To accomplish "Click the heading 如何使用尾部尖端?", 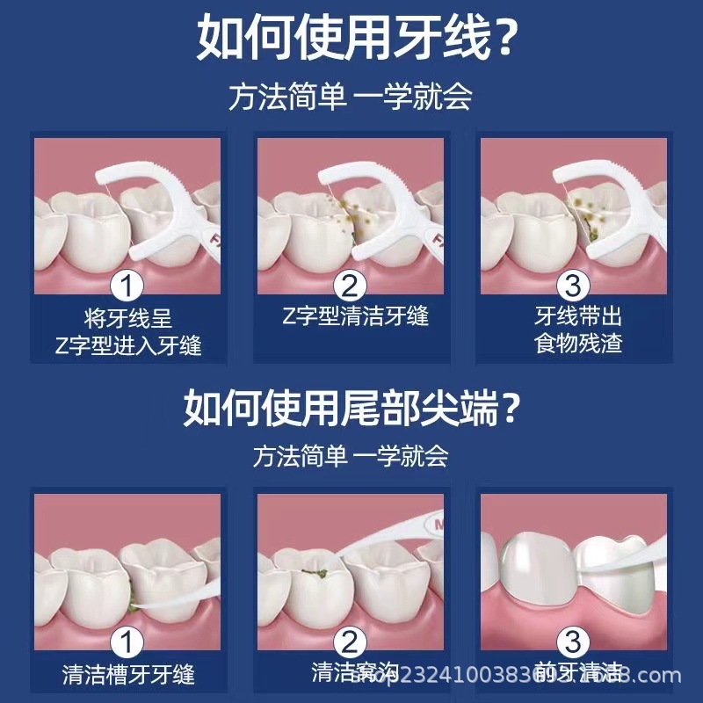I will tap(351, 407).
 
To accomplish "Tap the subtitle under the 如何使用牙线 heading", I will tap(351, 96).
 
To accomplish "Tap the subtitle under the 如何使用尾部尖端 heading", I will tap(351, 456).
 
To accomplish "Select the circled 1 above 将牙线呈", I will tap(128, 286).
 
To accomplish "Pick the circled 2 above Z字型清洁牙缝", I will tap(350, 286).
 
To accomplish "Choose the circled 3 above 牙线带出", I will tap(572, 286).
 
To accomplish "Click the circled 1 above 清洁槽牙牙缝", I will tap(128, 644).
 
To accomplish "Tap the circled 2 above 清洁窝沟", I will tap(350, 644).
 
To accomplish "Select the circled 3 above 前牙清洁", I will tap(572, 644).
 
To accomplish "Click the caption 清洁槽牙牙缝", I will tap(128, 675).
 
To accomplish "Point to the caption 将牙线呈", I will tap(128, 315).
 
